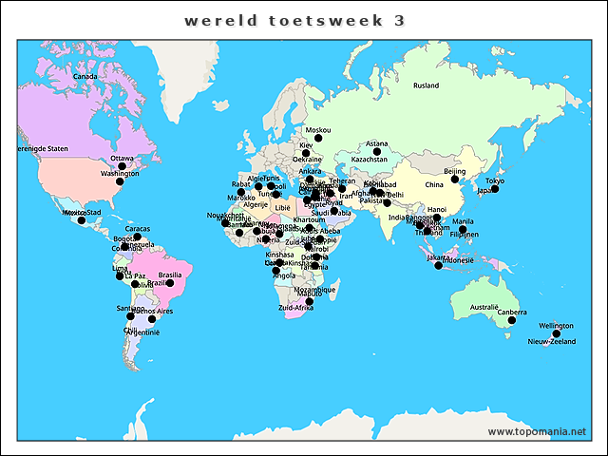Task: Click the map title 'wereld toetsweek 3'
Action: [x=304, y=20]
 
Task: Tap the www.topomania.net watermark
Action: [x=537, y=431]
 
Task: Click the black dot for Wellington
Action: [x=557, y=333]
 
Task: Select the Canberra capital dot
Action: [x=512, y=321]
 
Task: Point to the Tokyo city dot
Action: [x=495, y=189]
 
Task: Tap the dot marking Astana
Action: [x=377, y=152]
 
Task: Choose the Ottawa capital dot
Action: [x=122, y=166]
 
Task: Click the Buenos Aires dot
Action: [x=151, y=319]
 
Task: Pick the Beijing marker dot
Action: [x=455, y=180]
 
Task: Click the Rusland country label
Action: [x=426, y=85]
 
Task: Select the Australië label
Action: [x=484, y=307]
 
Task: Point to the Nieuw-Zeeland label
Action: [x=552, y=341]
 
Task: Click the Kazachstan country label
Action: [x=370, y=160]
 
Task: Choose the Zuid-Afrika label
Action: [x=295, y=309]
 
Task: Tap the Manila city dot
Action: [x=463, y=229]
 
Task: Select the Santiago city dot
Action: [x=131, y=316]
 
